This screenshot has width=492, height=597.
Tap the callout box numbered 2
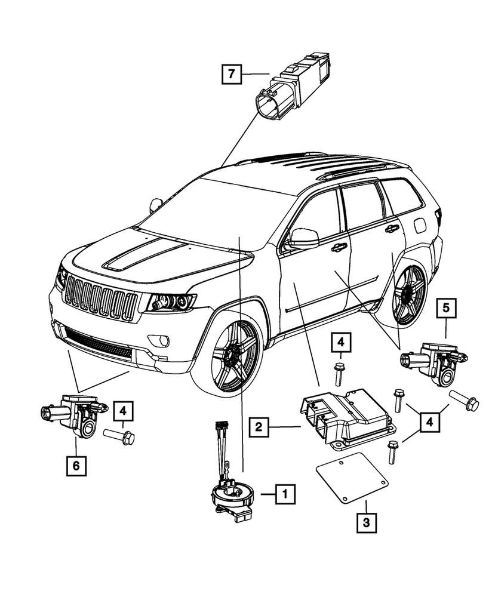tap(258, 427)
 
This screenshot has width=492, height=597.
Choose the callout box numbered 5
tap(447, 309)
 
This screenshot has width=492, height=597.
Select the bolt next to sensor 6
tap(119, 437)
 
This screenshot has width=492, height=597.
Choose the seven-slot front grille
tap(100, 296)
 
